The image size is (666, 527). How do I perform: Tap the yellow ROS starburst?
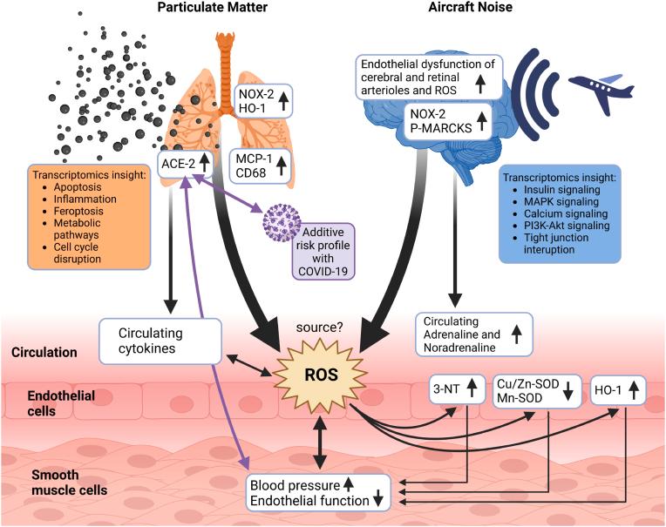pos(319,375)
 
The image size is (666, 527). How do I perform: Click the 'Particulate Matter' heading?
pos(211,8)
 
